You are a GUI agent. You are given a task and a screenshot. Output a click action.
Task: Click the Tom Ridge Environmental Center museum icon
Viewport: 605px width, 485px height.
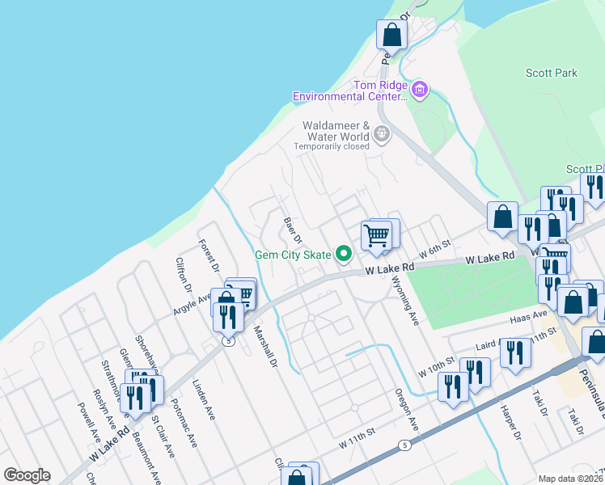pos(419,89)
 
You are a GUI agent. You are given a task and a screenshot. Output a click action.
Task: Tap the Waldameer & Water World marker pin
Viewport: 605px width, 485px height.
pos(382,134)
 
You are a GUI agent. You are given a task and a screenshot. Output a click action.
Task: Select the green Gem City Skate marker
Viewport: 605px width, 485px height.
pos(343,255)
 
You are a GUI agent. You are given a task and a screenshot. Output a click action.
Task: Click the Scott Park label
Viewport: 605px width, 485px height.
pos(552,73)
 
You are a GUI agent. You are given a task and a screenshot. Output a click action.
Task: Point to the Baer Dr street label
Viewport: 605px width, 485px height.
pos(292,230)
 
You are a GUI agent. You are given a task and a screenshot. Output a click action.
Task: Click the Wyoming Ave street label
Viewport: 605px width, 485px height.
pos(406,300)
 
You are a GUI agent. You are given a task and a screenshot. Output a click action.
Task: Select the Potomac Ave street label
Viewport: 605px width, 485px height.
pos(187,428)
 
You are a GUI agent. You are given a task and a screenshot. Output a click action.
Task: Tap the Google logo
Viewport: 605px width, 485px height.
pos(27,475)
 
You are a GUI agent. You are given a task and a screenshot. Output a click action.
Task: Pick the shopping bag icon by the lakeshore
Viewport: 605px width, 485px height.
pos(391,35)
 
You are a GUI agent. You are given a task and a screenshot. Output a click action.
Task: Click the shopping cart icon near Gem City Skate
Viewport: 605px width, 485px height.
pos(376,234)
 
